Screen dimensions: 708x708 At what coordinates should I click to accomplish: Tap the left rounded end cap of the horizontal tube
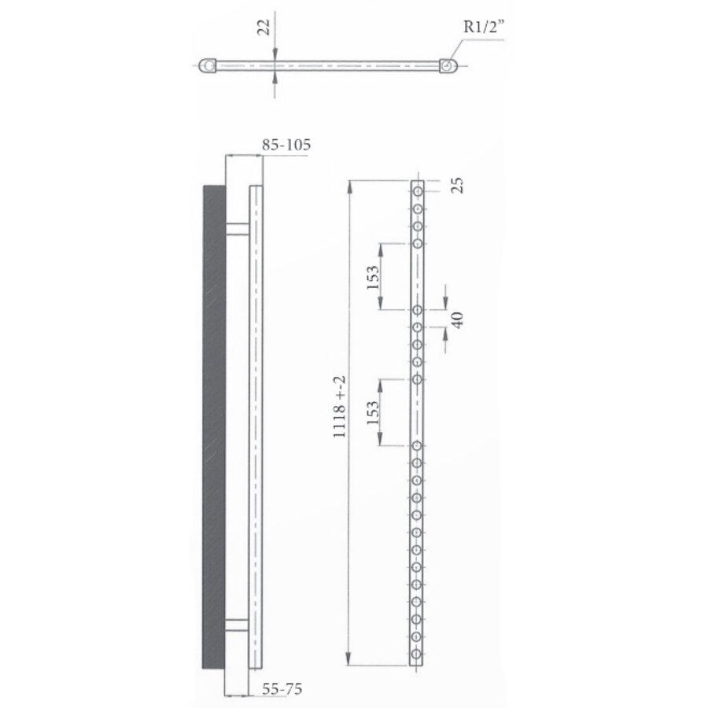click(x=208, y=66)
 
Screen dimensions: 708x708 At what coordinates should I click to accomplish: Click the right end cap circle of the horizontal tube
click(x=447, y=66)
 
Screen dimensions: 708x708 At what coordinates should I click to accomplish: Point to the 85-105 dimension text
click(x=286, y=145)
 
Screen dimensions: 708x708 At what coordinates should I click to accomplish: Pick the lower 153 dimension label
click(x=373, y=411)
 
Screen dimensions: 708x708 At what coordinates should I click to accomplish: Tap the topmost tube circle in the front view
click(x=418, y=190)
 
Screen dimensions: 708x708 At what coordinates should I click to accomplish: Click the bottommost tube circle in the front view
click(x=418, y=655)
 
